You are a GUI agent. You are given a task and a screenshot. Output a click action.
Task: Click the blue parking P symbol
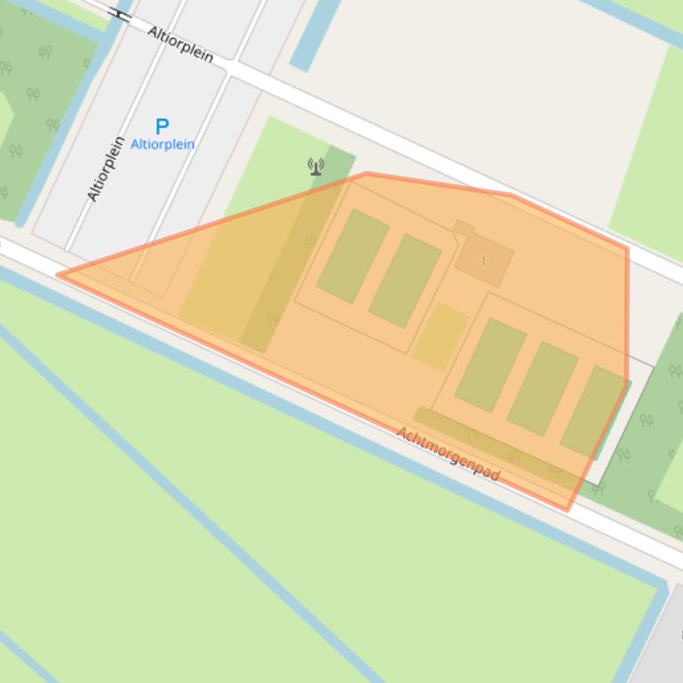[x=162, y=127]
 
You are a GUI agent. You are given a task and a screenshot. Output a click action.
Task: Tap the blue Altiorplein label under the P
[x=163, y=144]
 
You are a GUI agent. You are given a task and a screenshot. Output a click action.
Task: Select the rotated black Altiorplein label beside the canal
[x=106, y=169]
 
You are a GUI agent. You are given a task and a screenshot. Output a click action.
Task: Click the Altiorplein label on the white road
[x=180, y=44]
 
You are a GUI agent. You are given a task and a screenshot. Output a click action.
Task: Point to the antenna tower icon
[x=315, y=166]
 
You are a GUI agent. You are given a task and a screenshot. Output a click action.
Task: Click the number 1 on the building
[x=483, y=261]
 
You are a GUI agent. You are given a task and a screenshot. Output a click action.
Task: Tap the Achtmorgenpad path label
[x=448, y=453]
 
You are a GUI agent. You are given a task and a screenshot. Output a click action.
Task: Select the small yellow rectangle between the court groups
[x=441, y=336]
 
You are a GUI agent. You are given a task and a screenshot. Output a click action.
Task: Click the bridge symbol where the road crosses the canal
[x=122, y=14]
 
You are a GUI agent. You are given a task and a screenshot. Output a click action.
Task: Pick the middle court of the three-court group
[x=543, y=388]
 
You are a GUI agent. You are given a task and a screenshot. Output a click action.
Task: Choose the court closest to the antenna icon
[x=353, y=255]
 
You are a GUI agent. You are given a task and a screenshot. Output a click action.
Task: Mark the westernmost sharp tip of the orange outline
[x=60, y=274]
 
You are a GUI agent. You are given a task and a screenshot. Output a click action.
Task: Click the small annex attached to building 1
[x=463, y=228]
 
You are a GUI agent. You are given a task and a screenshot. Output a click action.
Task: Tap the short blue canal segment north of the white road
[x=315, y=34]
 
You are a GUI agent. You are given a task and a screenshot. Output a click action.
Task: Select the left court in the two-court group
[x=353, y=255]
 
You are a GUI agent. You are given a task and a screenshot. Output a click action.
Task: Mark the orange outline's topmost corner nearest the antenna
[x=366, y=174]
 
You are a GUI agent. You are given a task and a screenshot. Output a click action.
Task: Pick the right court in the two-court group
[x=405, y=280]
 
